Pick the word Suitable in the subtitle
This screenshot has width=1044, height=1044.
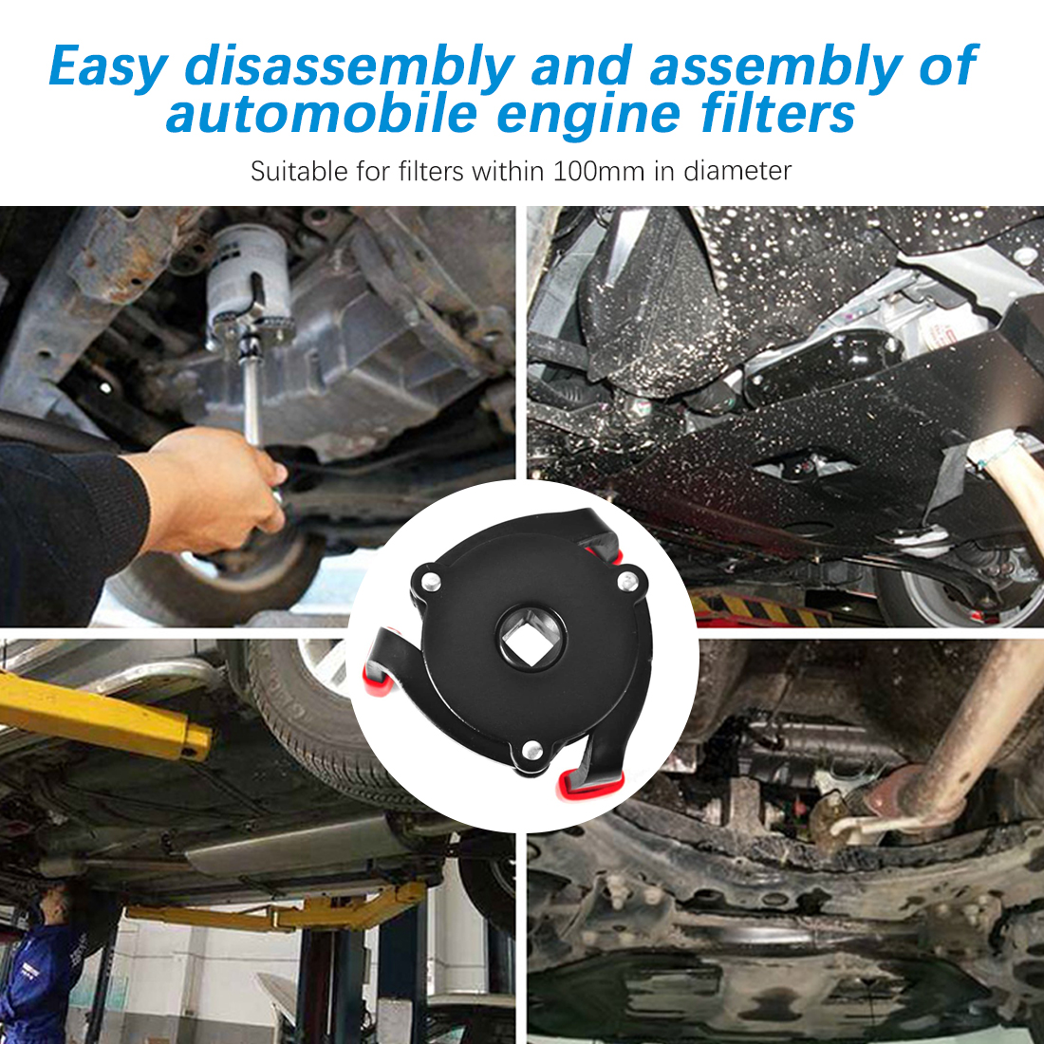tap(299, 171)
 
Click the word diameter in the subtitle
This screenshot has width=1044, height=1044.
tap(737, 171)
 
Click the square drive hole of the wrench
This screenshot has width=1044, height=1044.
tap(531, 638)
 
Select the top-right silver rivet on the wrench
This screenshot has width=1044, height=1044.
tap(628, 581)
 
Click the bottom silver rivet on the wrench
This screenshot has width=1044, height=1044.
tap(531, 750)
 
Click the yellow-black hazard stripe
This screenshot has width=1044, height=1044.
tap(759, 609)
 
